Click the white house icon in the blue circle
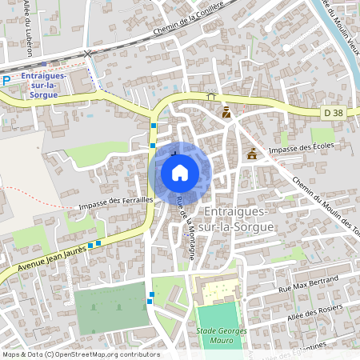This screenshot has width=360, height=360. (180, 172)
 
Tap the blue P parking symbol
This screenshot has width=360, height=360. (6, 80)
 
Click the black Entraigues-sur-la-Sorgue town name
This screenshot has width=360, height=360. (239, 218)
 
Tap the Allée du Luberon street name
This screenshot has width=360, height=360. (29, 28)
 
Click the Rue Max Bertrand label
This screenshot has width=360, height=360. (308, 283)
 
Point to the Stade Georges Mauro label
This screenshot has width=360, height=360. (216, 335)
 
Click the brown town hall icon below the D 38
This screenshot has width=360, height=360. (226, 113)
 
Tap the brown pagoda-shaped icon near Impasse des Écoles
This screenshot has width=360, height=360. (253, 154)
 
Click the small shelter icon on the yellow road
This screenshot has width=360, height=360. (211, 96)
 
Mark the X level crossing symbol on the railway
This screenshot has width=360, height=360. (88, 53)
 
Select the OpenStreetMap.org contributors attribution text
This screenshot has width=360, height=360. (103, 354)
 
